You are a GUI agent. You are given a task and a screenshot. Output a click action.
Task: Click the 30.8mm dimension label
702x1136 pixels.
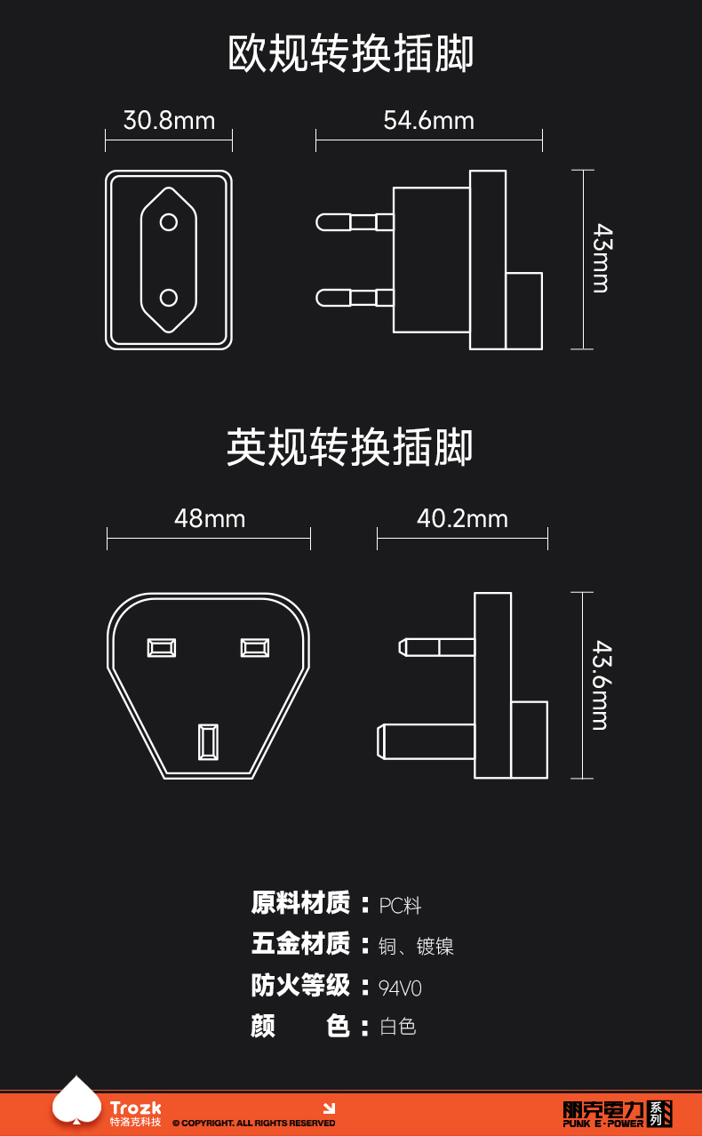(169, 120)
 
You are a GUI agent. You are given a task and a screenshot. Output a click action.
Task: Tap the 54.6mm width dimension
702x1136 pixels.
(428, 120)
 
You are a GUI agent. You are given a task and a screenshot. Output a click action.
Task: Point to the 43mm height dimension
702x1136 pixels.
(602, 259)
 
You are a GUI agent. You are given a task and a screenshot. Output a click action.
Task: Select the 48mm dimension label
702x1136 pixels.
(209, 518)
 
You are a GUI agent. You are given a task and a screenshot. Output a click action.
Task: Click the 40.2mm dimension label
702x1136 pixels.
(462, 518)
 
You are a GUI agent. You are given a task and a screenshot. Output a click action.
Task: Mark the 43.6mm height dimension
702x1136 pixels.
(602, 684)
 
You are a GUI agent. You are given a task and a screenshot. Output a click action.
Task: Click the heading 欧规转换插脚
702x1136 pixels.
(351, 54)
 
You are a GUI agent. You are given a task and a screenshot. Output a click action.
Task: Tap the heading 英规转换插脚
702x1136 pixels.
(351, 447)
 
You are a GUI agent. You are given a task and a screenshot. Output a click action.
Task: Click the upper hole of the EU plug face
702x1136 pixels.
(169, 221)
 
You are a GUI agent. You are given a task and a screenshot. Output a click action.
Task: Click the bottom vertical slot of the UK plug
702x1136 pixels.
(207, 742)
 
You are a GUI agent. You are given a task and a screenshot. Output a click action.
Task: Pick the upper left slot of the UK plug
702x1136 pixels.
(162, 647)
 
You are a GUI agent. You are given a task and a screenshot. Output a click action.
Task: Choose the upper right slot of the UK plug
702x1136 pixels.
(255, 647)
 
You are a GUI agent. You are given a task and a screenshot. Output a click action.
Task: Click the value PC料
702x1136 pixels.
(400, 906)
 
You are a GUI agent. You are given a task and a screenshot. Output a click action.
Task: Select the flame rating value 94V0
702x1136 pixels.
(400, 988)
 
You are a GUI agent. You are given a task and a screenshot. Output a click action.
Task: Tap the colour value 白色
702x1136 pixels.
(397, 1027)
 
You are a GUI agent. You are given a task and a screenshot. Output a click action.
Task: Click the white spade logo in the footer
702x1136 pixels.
(77, 1102)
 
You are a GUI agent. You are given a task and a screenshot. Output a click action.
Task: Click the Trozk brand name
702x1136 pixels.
(136, 1108)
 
